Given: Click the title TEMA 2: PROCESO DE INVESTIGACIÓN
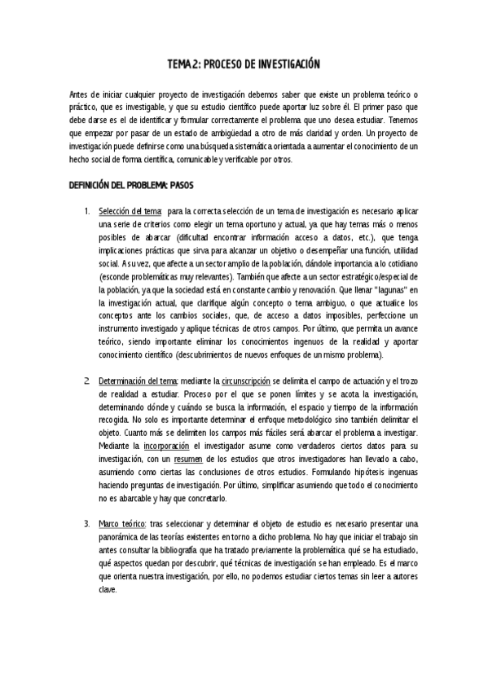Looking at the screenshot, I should (244, 63).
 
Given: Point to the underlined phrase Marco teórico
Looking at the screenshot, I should (122, 523).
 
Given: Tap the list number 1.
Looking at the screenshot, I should (87, 212).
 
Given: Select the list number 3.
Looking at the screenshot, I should (87, 523).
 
